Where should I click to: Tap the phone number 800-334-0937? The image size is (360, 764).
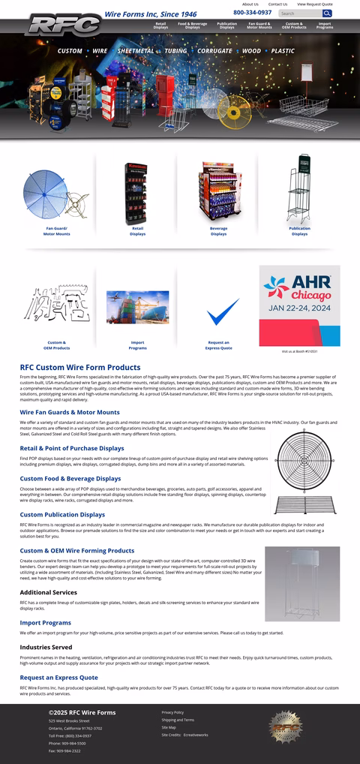pos(252,13)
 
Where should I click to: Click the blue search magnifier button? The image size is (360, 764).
pos(327,14)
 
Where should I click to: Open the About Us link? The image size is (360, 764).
pos(250,4)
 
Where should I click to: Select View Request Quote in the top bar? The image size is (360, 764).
pos(314,4)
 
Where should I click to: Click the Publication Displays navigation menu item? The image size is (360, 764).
pos(226,26)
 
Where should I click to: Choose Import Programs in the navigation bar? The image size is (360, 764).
pos(324,26)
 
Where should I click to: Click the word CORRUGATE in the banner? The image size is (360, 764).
pos(214,51)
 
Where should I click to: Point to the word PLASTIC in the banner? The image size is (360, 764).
pos(283,51)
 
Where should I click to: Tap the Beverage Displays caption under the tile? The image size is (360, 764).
pos(218,230)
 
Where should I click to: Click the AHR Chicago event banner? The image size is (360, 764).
pos(299,305)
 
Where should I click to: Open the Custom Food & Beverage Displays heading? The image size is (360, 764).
pos(70,478)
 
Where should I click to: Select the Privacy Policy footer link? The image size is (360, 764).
pos(172,712)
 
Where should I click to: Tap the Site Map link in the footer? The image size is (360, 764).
pos(168,727)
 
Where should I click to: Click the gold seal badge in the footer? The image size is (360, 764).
pos(284,727)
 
